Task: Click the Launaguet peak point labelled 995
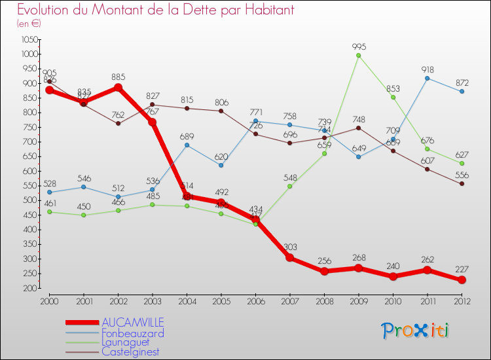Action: pos(359,56)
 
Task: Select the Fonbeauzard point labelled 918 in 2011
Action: pos(427,78)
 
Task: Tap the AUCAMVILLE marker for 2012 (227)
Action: pos(462,280)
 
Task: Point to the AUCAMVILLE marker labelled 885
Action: pos(118,88)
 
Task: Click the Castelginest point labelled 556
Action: pos(462,184)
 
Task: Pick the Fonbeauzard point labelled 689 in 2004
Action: pos(187,145)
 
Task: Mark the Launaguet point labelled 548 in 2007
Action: pos(290,186)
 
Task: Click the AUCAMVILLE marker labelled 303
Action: pos(290,258)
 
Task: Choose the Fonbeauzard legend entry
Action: pos(133,333)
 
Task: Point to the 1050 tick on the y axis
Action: pos(29,39)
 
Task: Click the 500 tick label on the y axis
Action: pos(29,200)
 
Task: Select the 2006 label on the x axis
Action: pos(255,300)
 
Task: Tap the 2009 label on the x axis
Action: pos(359,300)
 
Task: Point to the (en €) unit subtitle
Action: pos(29,24)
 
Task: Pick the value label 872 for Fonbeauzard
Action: pos(462,82)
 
